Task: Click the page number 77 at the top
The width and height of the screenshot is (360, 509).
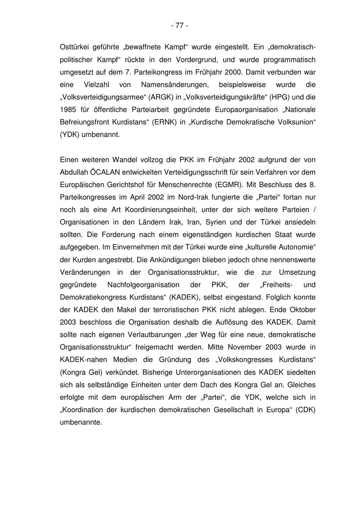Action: (x=180, y=26)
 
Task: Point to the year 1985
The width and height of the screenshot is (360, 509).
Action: (x=68, y=110)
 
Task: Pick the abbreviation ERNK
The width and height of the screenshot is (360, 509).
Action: (x=163, y=122)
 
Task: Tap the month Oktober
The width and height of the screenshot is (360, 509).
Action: (x=302, y=309)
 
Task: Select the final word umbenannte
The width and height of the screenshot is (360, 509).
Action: (x=81, y=422)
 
